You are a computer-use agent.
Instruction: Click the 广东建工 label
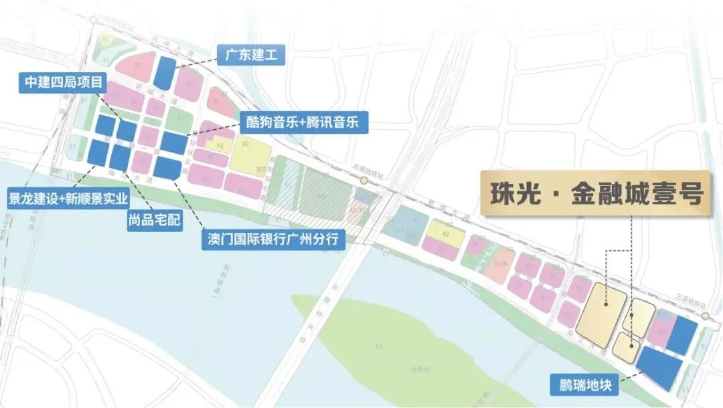tap(251, 54)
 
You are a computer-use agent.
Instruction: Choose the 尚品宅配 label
tap(155, 219)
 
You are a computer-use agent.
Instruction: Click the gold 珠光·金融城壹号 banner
tap(594, 195)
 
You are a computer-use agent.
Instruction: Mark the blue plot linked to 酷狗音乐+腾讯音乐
tap(173, 142)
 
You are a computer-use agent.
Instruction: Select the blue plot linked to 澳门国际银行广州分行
tap(167, 167)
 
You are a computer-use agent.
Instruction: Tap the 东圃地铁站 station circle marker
tap(364, 181)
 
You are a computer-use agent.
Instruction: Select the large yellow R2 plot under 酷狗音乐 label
tap(250, 158)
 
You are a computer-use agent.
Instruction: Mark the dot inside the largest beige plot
tap(606, 304)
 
